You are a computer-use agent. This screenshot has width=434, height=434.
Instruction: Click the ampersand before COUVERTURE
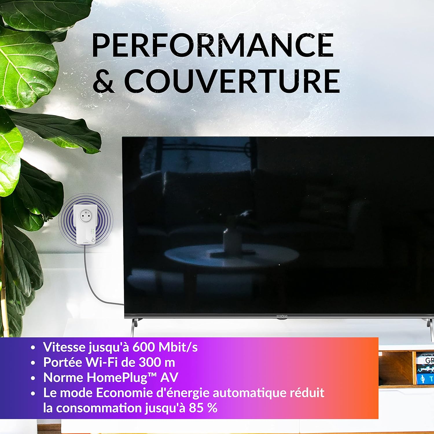pos(103,81)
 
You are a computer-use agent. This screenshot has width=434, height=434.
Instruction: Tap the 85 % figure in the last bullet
pos(203,408)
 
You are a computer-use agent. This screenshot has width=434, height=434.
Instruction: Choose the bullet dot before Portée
pos(33,363)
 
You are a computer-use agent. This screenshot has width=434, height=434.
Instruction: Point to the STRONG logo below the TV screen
pos(282,316)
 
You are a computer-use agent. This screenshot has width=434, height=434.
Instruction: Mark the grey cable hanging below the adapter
pos(90,278)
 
